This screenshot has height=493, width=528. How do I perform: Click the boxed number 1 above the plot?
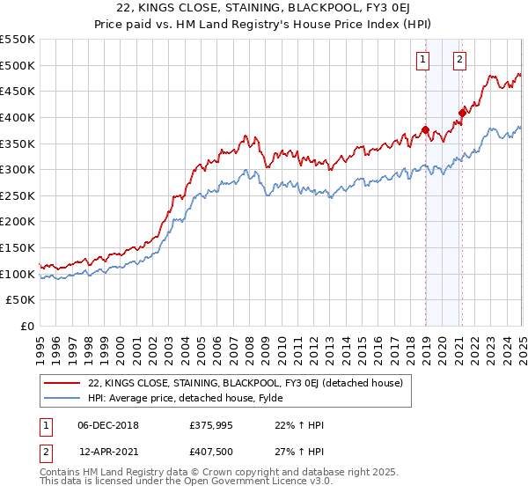[x=423, y=60]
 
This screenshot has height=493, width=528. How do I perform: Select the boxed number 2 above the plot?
[x=459, y=60]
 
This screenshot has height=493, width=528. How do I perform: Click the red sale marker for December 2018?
[x=425, y=130]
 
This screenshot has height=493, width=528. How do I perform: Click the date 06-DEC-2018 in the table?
[x=108, y=425]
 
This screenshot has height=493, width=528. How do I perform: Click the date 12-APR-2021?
[x=108, y=451]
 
